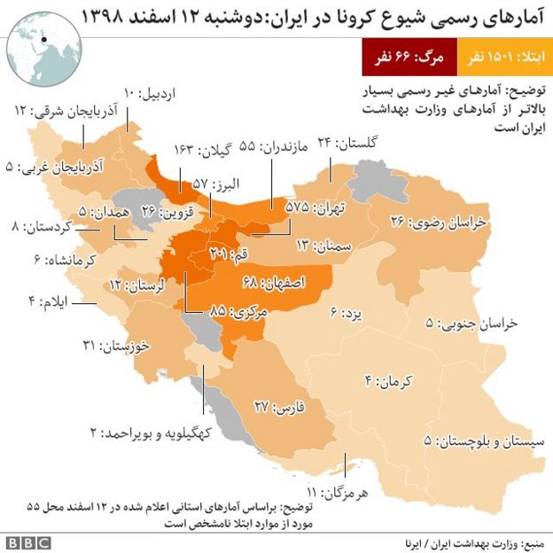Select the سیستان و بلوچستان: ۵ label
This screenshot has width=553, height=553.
479,441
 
